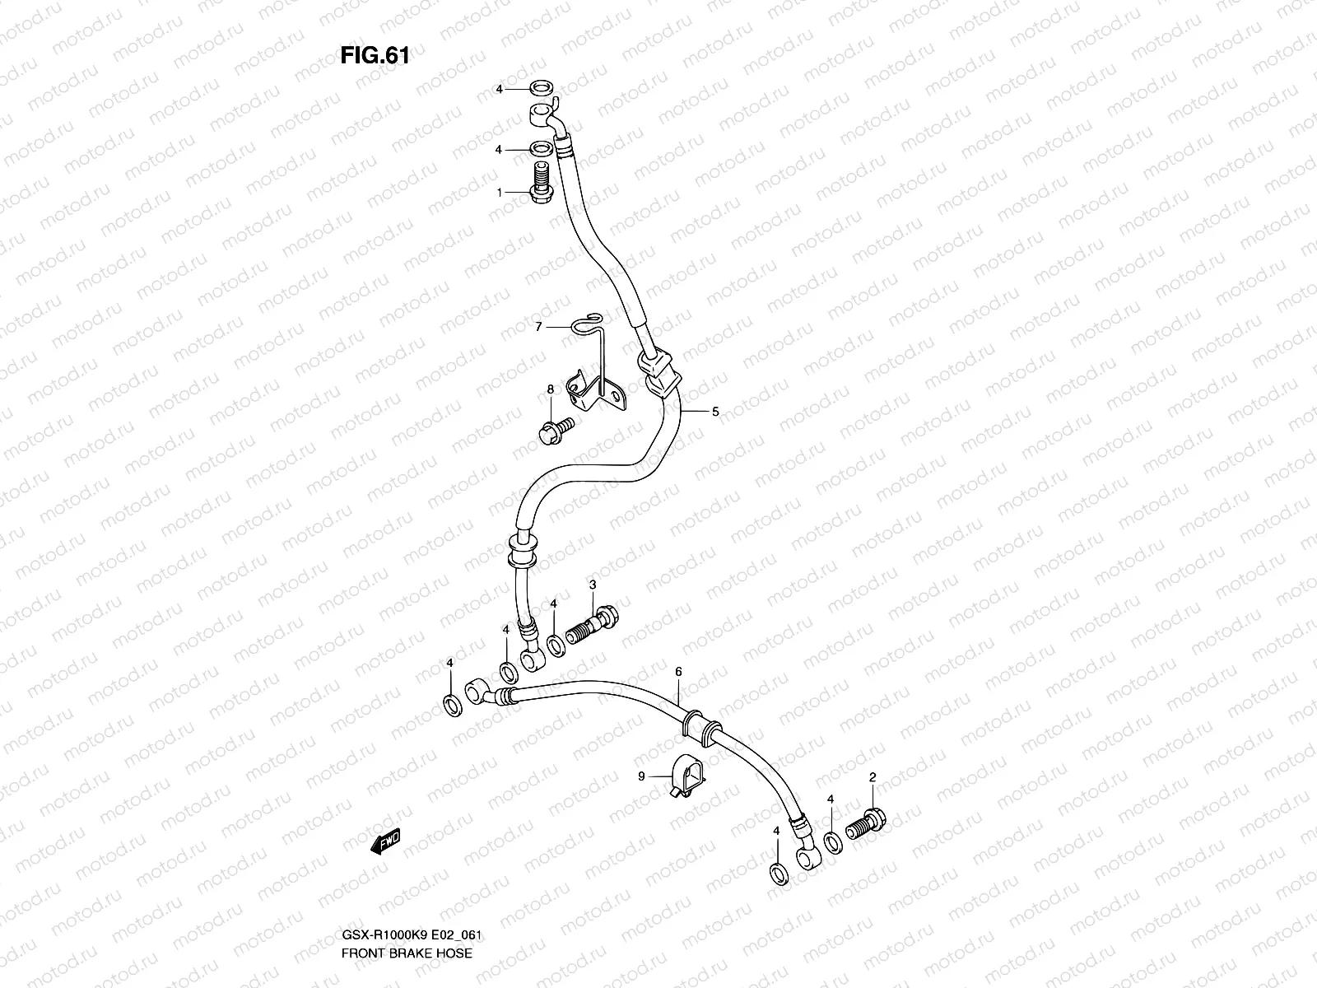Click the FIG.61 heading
pos(375,56)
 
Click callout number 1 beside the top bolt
pos(499,192)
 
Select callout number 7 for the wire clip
pos(538,328)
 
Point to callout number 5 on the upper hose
pos(715,411)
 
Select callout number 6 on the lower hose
pos(678,672)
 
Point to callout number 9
pos(640,776)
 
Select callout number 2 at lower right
pos(873,776)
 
